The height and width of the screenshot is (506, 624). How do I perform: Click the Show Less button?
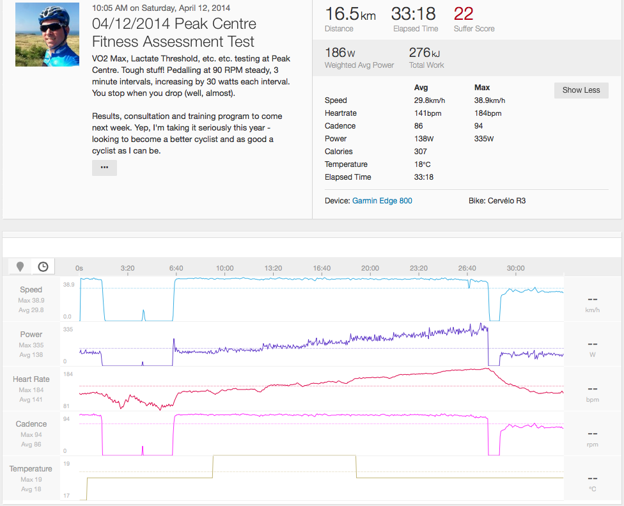(x=581, y=90)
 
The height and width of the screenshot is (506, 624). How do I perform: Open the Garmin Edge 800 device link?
(x=382, y=201)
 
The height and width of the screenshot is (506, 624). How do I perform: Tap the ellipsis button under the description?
(x=104, y=168)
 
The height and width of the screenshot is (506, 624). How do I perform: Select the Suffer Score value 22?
(x=464, y=13)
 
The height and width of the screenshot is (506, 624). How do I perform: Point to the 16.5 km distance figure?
(x=350, y=14)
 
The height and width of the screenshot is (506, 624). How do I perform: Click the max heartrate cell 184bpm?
(x=488, y=113)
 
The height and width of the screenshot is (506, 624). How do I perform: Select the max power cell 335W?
(x=483, y=139)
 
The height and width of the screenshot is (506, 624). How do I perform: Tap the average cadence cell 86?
(x=419, y=126)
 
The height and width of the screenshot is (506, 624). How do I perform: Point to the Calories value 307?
(x=421, y=152)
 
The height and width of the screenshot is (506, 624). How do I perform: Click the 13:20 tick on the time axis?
(x=273, y=268)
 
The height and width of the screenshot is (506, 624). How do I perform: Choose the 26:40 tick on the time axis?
(x=467, y=268)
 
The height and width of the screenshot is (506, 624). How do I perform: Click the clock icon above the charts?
(x=43, y=267)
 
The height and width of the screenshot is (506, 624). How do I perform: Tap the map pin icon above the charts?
(x=20, y=267)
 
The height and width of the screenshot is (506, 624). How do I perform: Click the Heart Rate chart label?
(x=31, y=379)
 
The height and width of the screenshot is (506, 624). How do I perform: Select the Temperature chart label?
(x=31, y=469)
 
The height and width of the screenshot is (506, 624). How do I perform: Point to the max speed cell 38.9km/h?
(x=490, y=100)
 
